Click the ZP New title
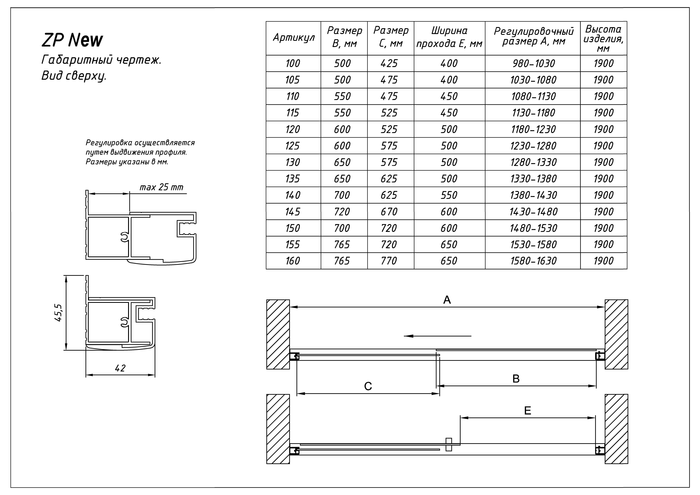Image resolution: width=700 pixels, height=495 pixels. pos(72,40)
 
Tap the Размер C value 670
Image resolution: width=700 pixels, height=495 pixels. pos(389,212)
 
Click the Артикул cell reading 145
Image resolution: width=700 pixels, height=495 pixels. pos(293,212)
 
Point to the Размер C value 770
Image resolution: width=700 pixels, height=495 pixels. pos(389,261)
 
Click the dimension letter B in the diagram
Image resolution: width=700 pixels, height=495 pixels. pos(516,379)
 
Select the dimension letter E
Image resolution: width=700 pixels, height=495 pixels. pos(527,411)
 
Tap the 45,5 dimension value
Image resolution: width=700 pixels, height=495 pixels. pos(59,313)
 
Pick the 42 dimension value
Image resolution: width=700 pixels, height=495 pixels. pos(120,368)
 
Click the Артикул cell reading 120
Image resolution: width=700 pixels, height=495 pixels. pos(293,129)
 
